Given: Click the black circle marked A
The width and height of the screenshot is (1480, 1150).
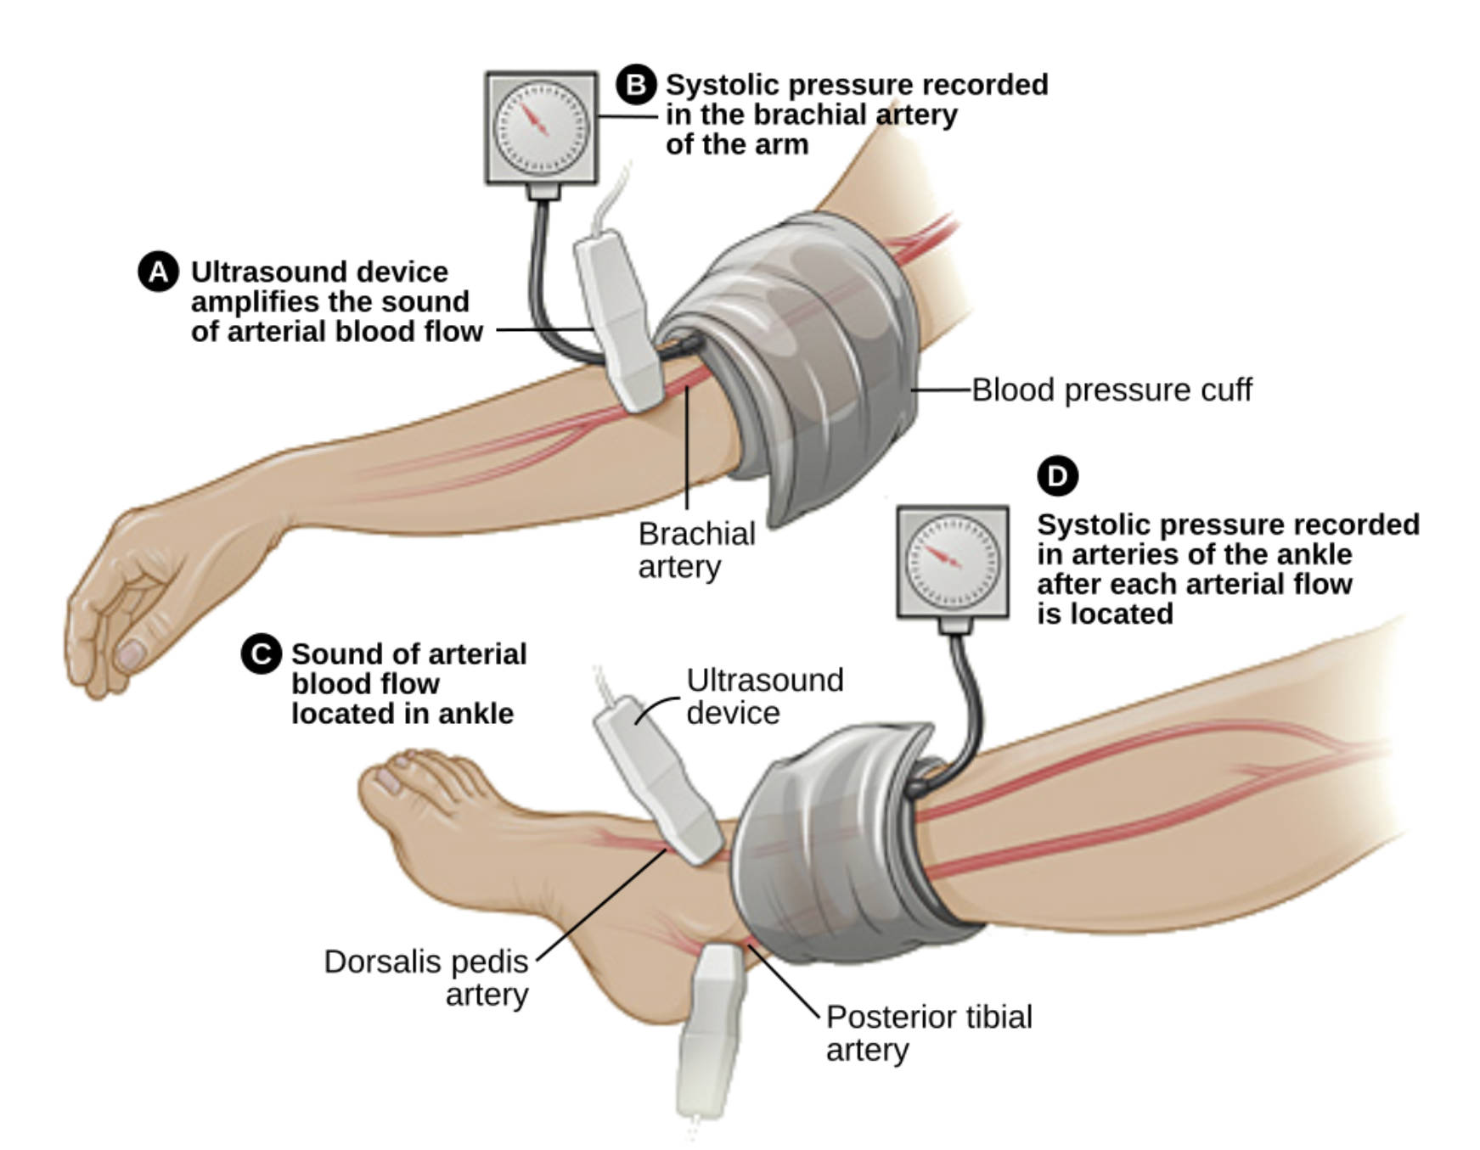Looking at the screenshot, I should coord(158,272).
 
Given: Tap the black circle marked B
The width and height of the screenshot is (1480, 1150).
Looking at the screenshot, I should coord(636,85).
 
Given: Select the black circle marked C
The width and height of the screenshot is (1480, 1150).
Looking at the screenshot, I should coord(261,654).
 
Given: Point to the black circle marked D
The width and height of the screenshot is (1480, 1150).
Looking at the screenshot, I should coord(1057,476).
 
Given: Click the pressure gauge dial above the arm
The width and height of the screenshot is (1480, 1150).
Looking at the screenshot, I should coord(541,128).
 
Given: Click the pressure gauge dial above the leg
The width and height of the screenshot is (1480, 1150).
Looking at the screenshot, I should coord(953,562).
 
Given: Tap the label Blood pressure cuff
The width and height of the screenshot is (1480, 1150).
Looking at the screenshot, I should coord(1111,390).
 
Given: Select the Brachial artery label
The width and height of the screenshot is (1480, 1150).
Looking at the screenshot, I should coord(696,550).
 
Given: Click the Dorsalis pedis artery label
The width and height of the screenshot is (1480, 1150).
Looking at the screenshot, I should coord(426,978).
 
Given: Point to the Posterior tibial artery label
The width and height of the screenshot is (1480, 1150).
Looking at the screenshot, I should coord(928,1033).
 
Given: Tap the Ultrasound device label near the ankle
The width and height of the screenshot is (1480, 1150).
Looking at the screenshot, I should coord(764,696).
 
